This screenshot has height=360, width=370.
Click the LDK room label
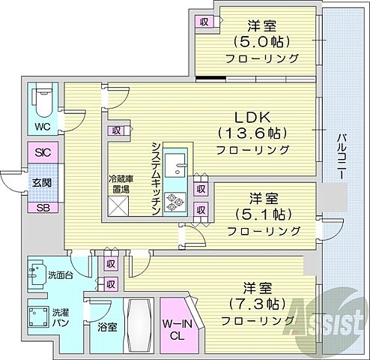click(x=252, y=118)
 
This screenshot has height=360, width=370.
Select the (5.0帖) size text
click(x=261, y=41)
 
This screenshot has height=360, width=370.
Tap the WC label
click(x=42, y=125)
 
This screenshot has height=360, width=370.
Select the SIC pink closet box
click(x=42, y=152)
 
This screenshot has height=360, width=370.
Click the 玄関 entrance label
click(x=41, y=182)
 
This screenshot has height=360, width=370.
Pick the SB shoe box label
click(x=42, y=206)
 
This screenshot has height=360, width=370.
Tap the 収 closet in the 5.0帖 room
click(x=204, y=22)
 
